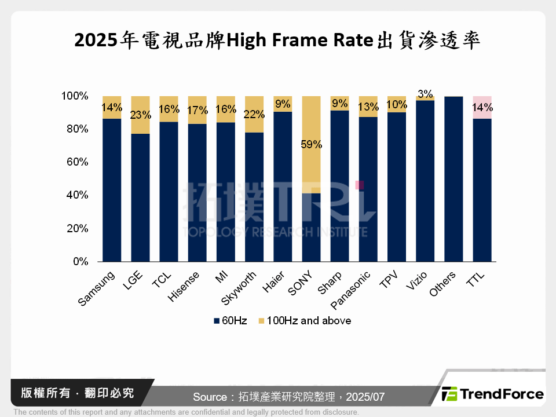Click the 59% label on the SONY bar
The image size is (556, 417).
click(312, 145)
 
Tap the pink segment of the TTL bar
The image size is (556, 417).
click(482, 108)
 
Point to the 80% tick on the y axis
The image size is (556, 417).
click(76, 129)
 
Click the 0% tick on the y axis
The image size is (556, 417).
click(80, 262)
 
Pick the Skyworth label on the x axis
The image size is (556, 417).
click(238, 289)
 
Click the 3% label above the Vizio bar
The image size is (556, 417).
click(425, 94)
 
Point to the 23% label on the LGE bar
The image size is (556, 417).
click(141, 115)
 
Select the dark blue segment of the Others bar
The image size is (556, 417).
click(453, 180)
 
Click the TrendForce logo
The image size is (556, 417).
click(492, 394)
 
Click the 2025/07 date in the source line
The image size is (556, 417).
click(365, 397)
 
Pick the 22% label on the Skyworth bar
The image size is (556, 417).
click(254, 114)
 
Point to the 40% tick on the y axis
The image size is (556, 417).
click(76, 196)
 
